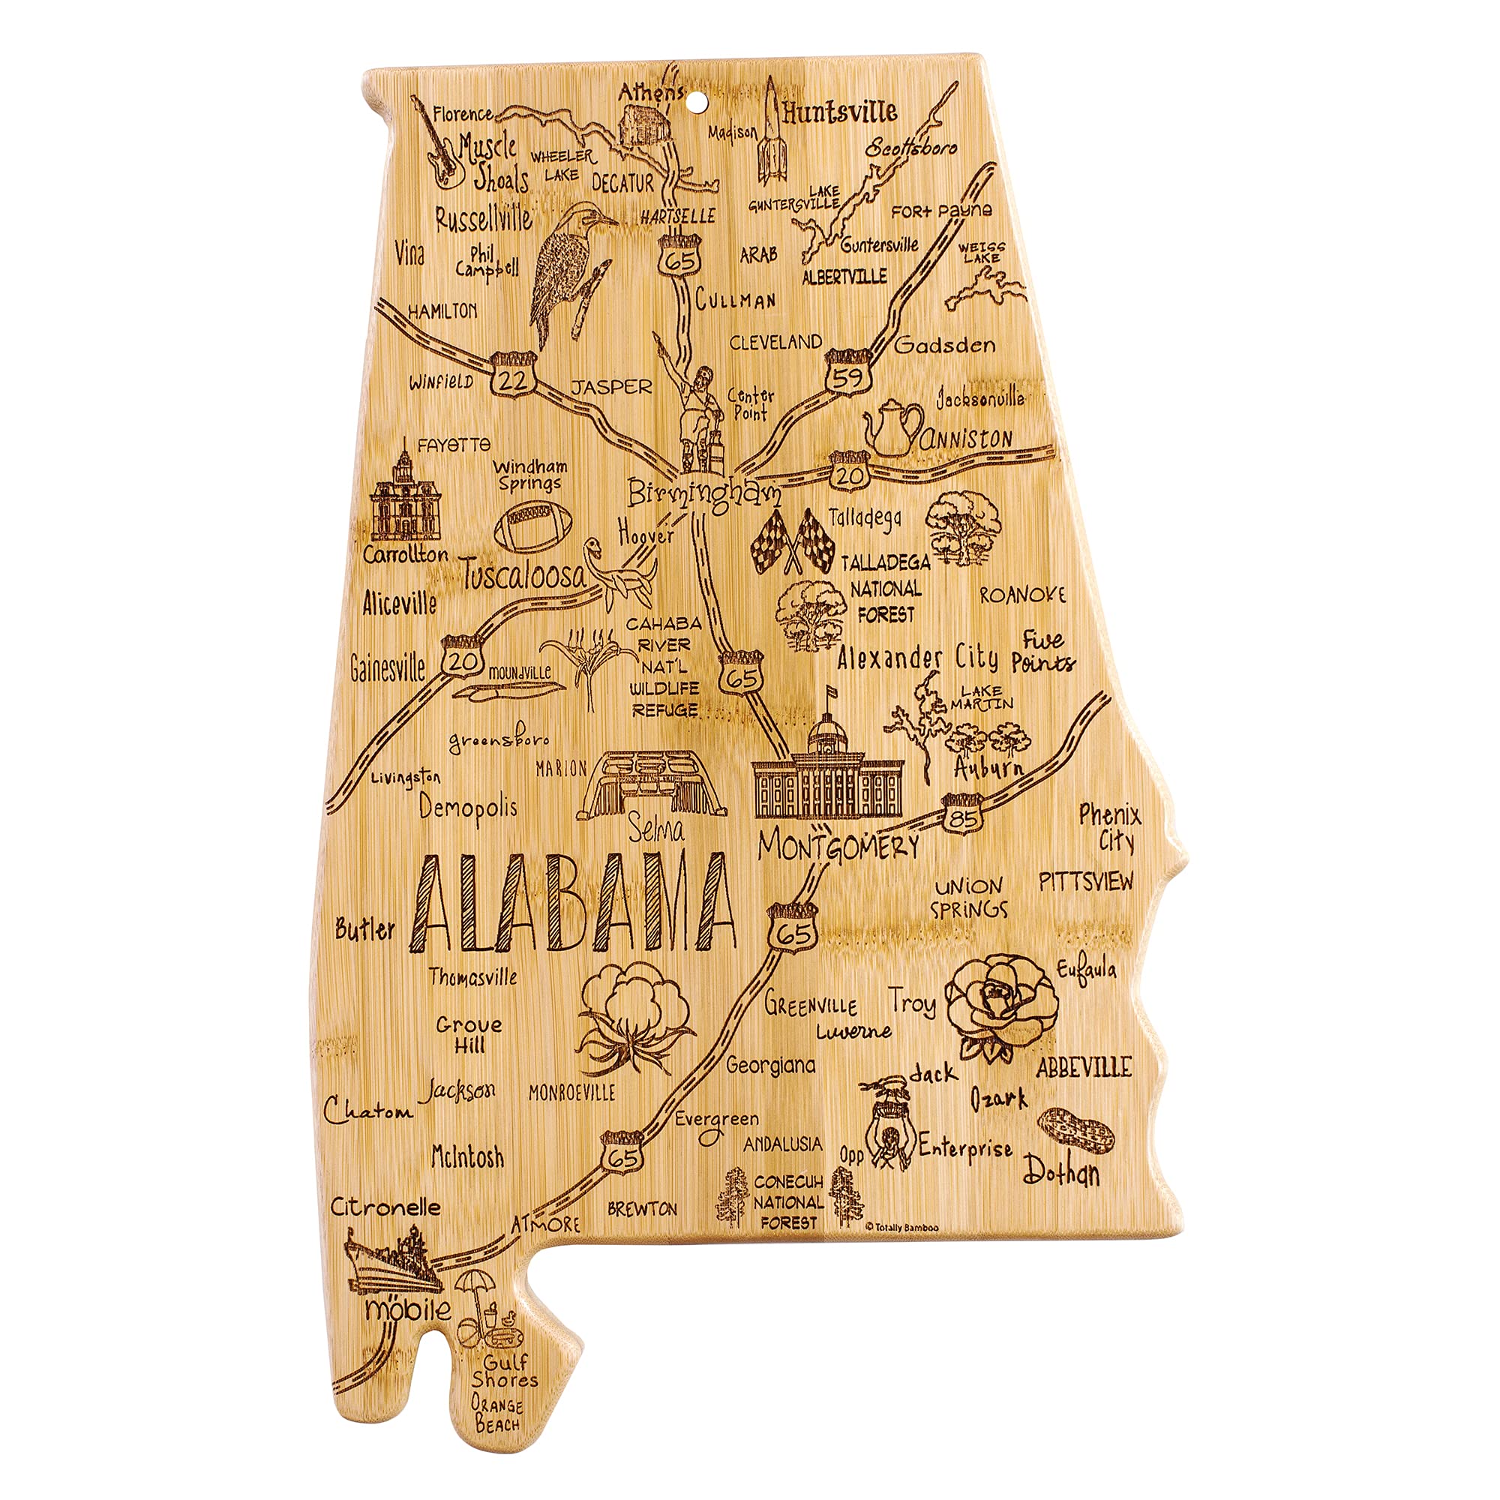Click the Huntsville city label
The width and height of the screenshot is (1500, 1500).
click(839, 112)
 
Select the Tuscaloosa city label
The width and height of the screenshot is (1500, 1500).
click(523, 575)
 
